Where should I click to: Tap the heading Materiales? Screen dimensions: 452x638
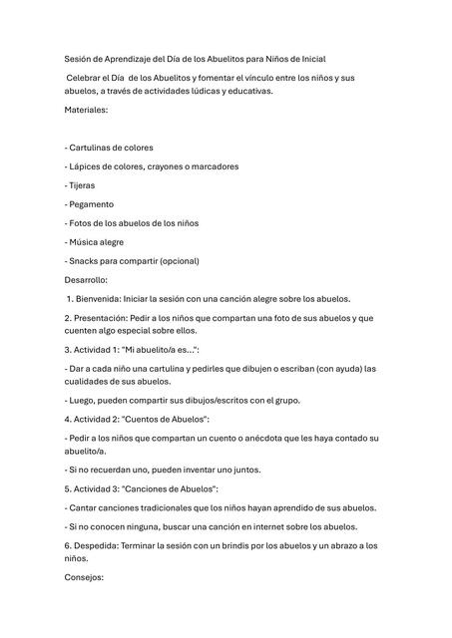click(87, 110)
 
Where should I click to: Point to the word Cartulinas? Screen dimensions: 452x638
click(97, 148)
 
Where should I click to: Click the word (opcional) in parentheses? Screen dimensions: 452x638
click(177, 261)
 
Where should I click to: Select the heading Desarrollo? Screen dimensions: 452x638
click(87, 280)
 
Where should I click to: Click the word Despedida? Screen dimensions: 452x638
click(98, 545)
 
